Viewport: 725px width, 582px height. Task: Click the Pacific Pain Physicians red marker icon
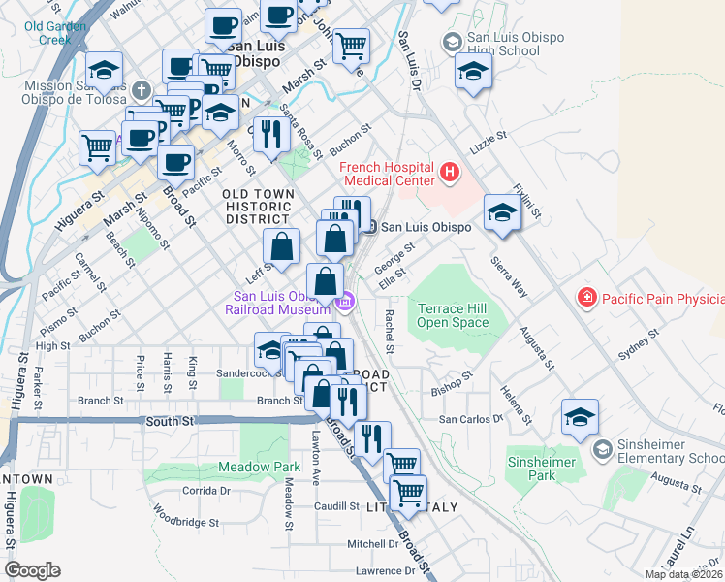[585, 297]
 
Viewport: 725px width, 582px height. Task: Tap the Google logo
[32, 570]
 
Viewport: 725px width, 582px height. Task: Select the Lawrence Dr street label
[384, 571]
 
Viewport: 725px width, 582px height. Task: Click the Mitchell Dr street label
[366, 544]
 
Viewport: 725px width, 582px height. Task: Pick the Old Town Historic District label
[257, 206]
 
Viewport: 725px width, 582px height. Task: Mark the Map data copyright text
[683, 574]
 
